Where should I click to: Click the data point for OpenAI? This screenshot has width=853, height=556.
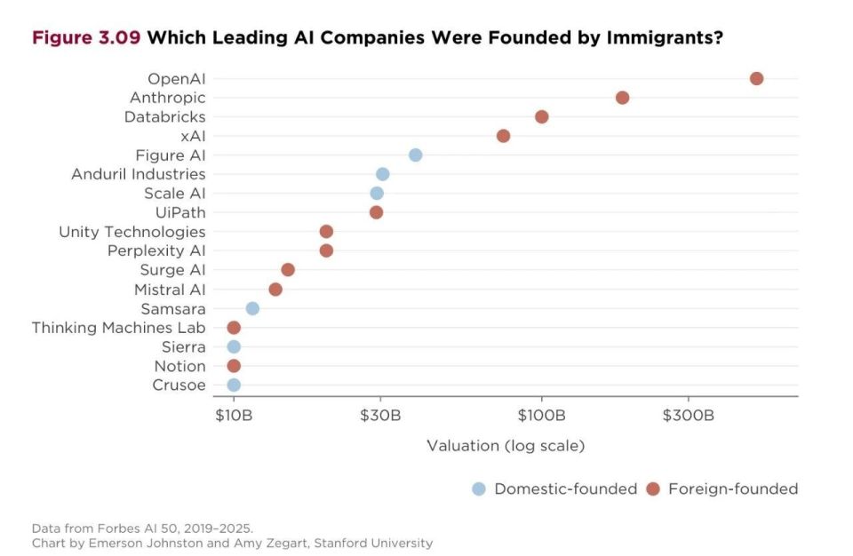[756, 78]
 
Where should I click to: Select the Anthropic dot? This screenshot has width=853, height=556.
[622, 98]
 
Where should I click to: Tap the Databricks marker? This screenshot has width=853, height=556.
[541, 116]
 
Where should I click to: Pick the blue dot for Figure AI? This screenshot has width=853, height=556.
[415, 155]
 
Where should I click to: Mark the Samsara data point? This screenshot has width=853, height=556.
[252, 308]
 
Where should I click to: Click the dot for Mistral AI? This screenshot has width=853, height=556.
[275, 289]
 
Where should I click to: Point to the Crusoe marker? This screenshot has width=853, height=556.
[234, 385]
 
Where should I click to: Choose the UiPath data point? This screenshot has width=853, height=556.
[376, 212]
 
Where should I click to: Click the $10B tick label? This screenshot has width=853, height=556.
[234, 416]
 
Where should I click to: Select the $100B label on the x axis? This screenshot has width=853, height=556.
[541, 416]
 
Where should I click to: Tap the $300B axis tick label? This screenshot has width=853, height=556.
[688, 416]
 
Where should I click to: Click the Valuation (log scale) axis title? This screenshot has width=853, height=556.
[506, 446]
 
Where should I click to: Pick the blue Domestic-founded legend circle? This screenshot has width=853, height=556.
[479, 488]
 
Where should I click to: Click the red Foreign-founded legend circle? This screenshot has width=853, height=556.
[653, 488]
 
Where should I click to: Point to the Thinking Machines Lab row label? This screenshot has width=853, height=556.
[118, 328]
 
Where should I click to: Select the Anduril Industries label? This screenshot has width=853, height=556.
[139, 174]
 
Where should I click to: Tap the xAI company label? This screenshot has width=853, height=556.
[193, 136]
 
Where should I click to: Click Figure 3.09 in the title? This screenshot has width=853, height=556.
[86, 37]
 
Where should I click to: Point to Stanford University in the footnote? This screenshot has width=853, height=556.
[373, 543]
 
